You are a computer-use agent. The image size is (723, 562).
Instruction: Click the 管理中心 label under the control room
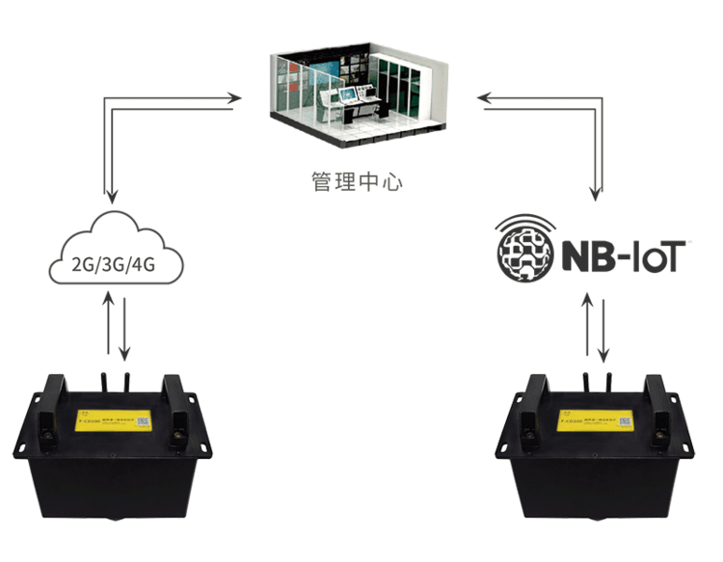pyautogui.click(x=359, y=179)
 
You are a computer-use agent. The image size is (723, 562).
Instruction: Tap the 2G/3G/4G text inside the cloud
pyautogui.click(x=114, y=264)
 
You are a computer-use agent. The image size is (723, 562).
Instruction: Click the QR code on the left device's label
pyautogui.click(x=142, y=421)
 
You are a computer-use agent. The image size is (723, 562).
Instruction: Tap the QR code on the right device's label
pyautogui.click(x=625, y=422)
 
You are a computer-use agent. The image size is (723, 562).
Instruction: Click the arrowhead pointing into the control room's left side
pyautogui.click(x=234, y=96)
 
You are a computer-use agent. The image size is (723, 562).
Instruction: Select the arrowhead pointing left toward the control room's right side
pyautogui.click(x=484, y=98)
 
